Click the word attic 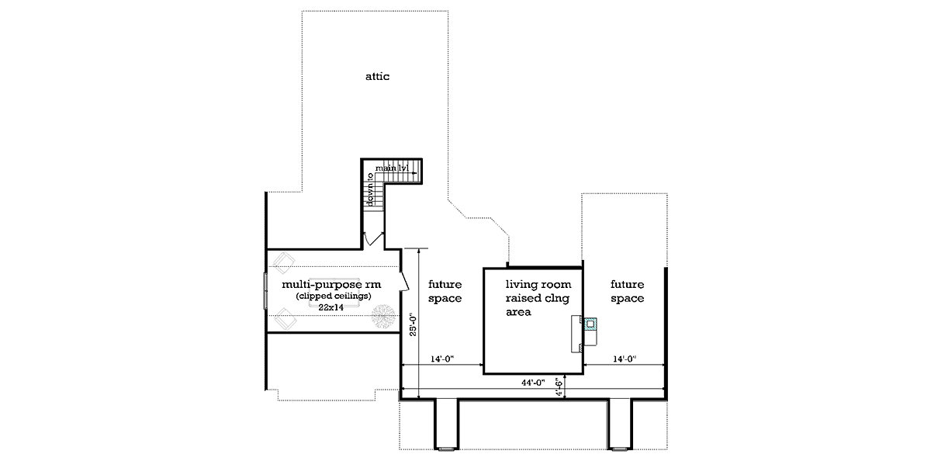(377, 77)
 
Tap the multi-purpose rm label (331, 285)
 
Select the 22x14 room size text (331, 307)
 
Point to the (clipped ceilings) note (334, 296)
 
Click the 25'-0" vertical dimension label (413, 324)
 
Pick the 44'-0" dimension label (533, 383)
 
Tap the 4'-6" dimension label (559, 386)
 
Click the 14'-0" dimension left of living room (441, 359)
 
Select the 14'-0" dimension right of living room (625, 359)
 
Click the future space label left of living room (445, 291)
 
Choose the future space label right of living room (627, 291)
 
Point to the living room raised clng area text (538, 298)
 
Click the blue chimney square (590, 324)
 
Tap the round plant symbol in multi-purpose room (383, 316)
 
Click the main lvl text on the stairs (392, 168)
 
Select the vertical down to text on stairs (370, 189)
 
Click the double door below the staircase (374, 239)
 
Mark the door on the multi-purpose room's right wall (404, 281)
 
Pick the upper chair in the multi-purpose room (284, 263)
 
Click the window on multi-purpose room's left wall (265, 291)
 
